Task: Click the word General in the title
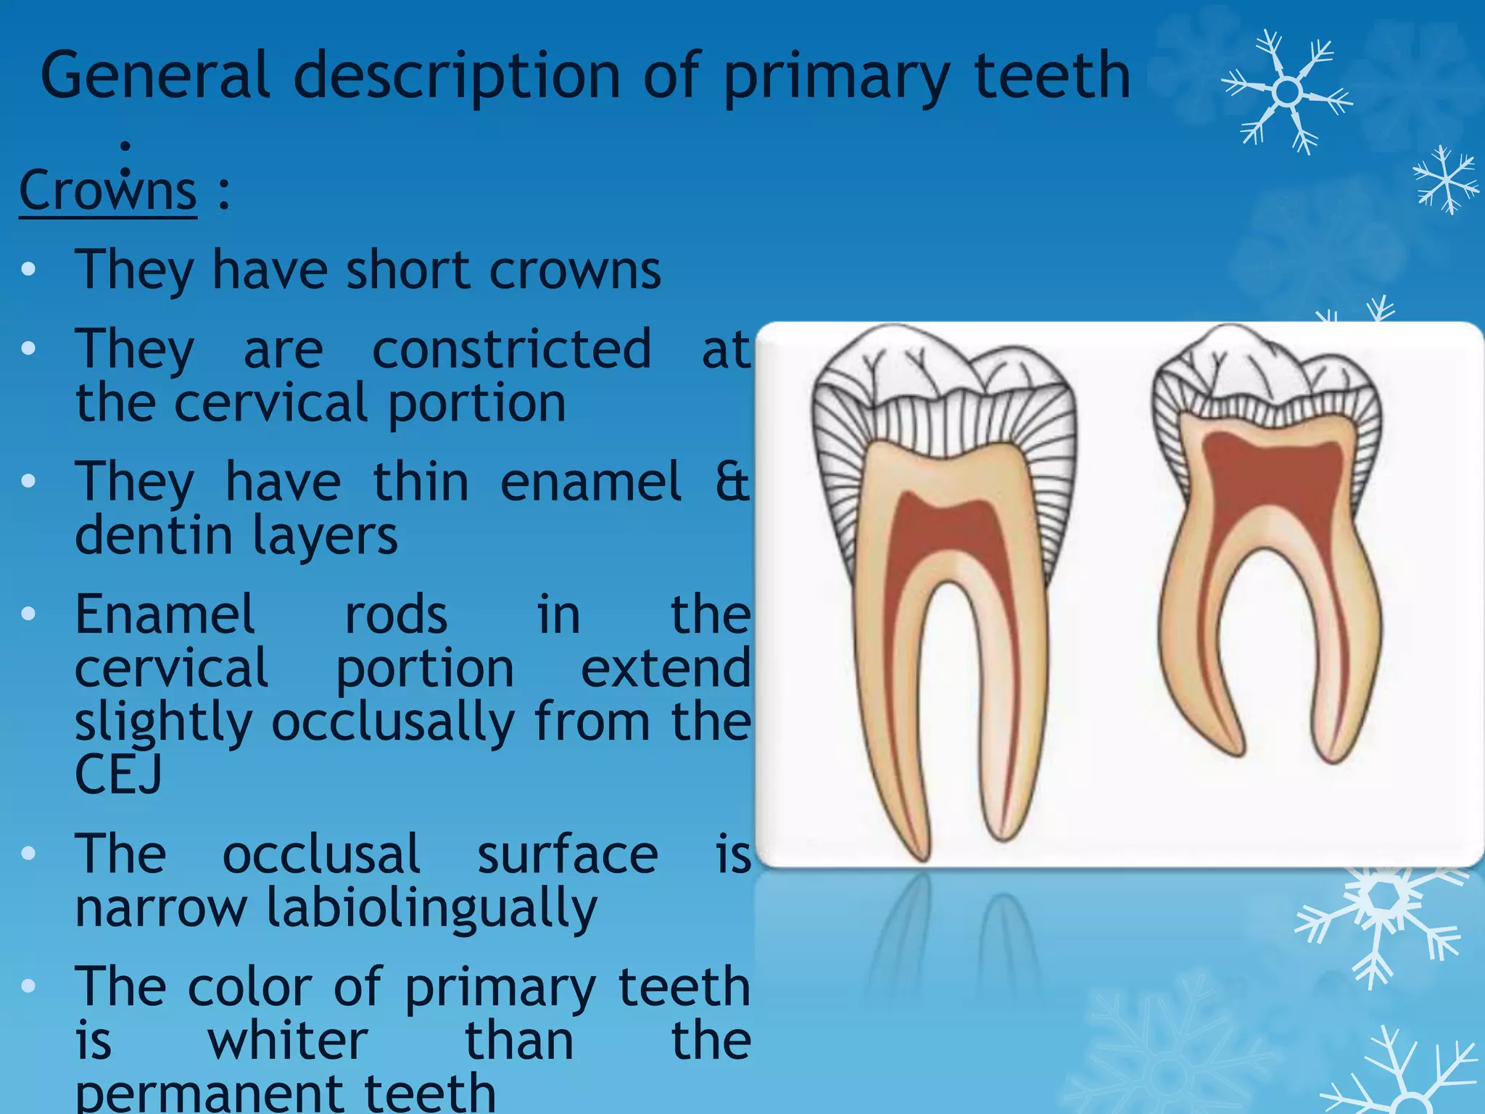point(154,76)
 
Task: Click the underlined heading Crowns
point(108,191)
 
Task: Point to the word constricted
point(512,350)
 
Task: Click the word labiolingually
point(431,908)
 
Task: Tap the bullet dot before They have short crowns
point(28,270)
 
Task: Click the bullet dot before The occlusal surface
point(28,854)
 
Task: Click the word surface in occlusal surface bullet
point(568,855)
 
